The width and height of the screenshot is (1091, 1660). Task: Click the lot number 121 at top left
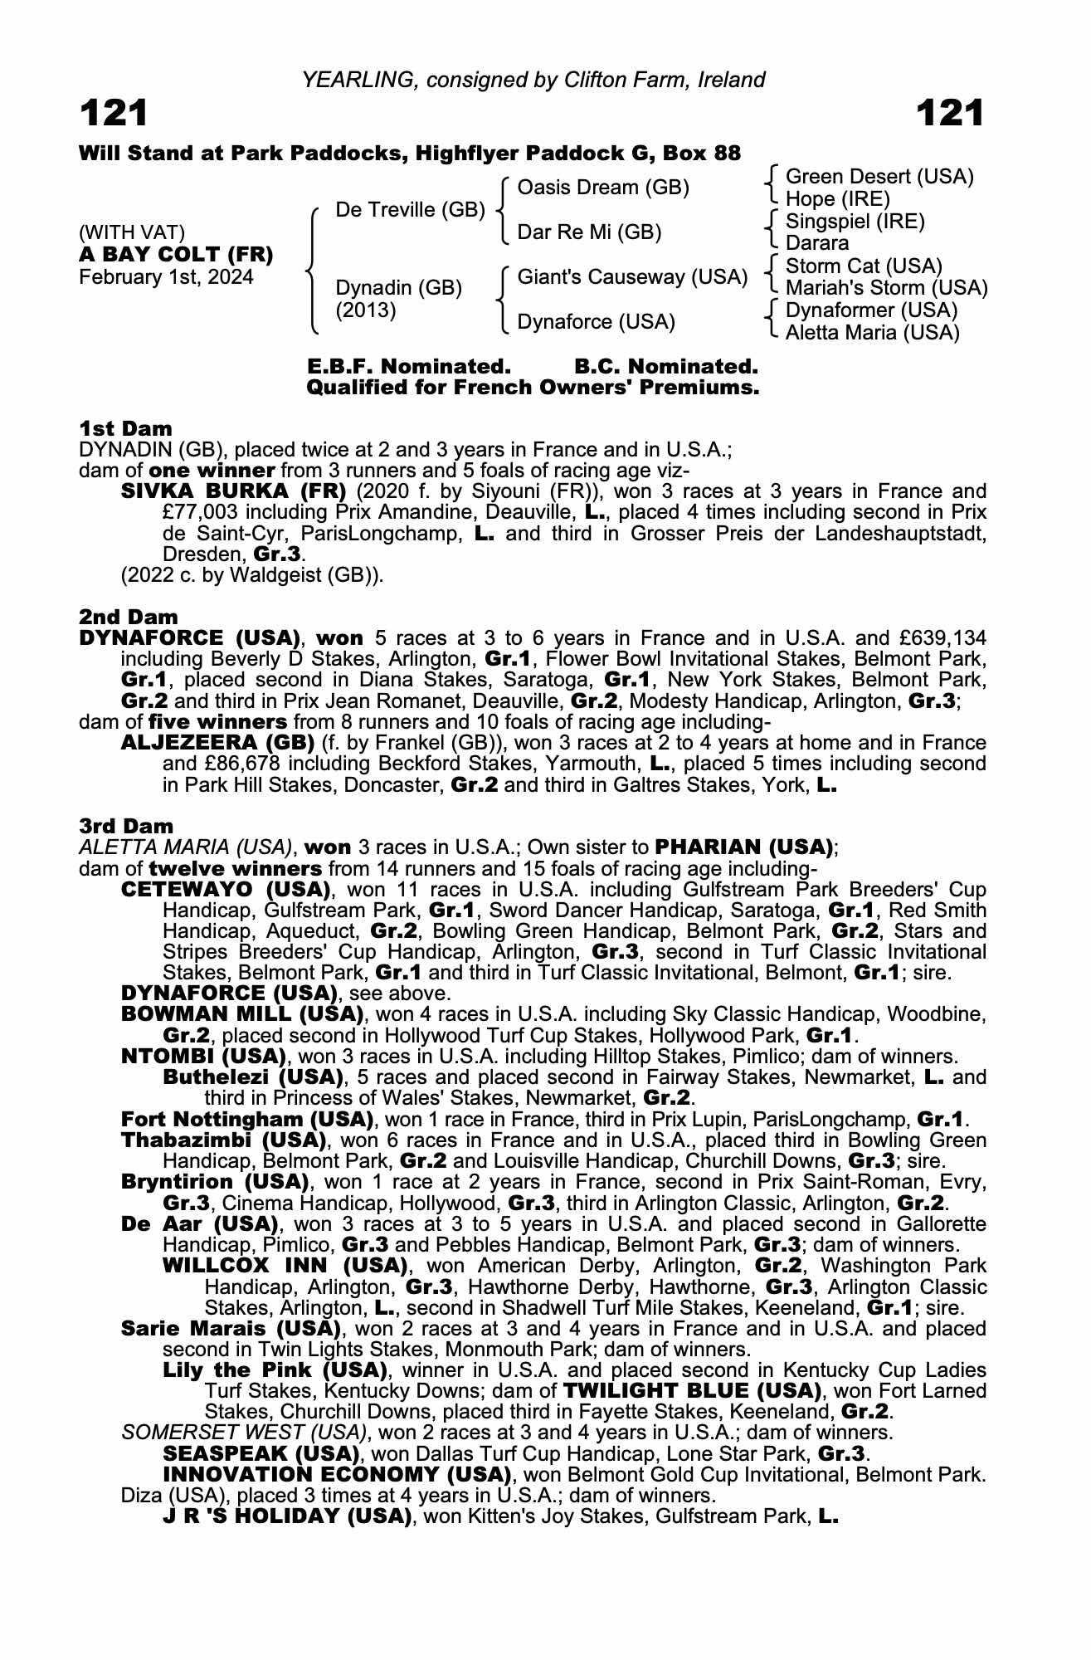coord(114,114)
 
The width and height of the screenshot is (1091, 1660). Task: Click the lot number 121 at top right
coord(950,114)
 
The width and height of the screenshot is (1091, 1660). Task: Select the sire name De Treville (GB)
coord(410,210)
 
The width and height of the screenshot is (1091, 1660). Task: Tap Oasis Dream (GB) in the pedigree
coord(603,188)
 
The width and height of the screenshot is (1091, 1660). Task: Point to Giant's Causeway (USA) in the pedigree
coord(632,276)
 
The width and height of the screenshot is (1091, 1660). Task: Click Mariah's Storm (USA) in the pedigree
coord(886,288)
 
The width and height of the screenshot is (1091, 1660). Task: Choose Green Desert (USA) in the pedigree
coord(879,177)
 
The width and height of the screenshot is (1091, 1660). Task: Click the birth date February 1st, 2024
coord(166,277)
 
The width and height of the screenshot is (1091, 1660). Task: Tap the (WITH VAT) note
coord(132,232)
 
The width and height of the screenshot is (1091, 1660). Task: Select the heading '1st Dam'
coord(126,428)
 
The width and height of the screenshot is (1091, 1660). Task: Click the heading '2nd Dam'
coord(129,617)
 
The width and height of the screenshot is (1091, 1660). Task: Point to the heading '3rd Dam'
coord(127,826)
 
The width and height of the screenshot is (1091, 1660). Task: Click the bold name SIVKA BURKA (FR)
coord(233,491)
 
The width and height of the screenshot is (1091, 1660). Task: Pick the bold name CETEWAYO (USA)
coord(226,890)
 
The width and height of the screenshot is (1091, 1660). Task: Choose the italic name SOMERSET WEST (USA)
coord(243,1432)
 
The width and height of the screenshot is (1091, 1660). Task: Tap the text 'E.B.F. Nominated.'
coord(408,367)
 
